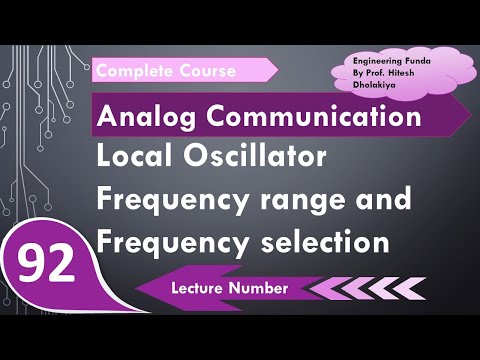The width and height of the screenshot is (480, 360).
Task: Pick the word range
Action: [x=302, y=200]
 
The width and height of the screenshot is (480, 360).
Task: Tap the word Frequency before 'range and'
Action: [x=166, y=200]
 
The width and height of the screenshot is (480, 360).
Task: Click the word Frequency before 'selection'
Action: [x=166, y=241]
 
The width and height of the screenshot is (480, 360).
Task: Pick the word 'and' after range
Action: [x=384, y=200]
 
